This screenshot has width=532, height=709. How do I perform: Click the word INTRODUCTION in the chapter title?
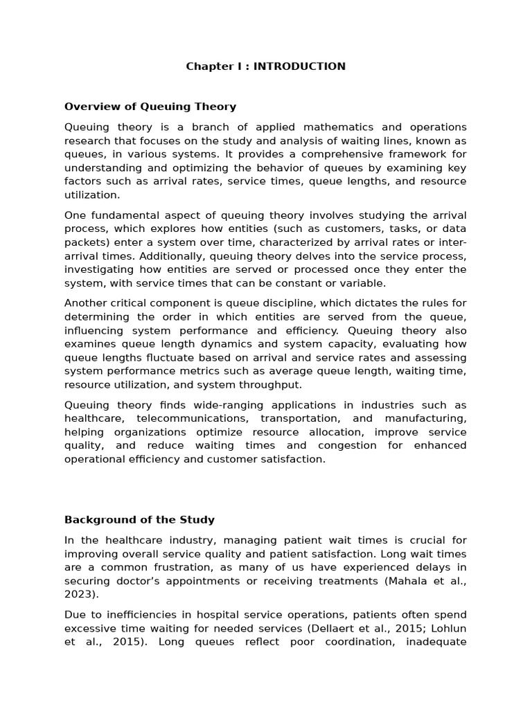[299, 66]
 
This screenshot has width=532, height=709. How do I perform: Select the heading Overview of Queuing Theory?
[150, 107]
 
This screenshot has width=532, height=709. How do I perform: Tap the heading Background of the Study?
[139, 519]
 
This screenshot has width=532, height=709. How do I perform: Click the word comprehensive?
[303, 154]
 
